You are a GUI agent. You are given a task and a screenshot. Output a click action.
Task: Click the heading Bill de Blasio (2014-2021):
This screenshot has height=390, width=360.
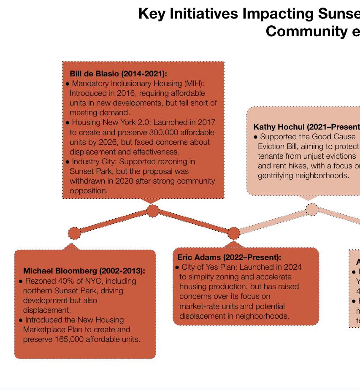(118, 74)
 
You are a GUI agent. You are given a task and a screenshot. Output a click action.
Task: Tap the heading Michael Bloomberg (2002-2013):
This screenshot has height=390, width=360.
(84, 271)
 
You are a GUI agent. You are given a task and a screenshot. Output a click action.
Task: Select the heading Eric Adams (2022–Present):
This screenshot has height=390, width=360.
(229, 257)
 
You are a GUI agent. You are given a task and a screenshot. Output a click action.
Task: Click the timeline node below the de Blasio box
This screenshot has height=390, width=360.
(153, 211)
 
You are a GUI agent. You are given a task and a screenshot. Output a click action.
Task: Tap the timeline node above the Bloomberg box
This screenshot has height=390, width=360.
(74, 233)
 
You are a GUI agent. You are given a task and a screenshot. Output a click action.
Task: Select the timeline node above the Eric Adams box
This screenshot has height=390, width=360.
(233, 233)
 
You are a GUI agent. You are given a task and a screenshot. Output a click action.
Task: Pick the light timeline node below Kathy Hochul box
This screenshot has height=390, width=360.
(311, 209)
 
